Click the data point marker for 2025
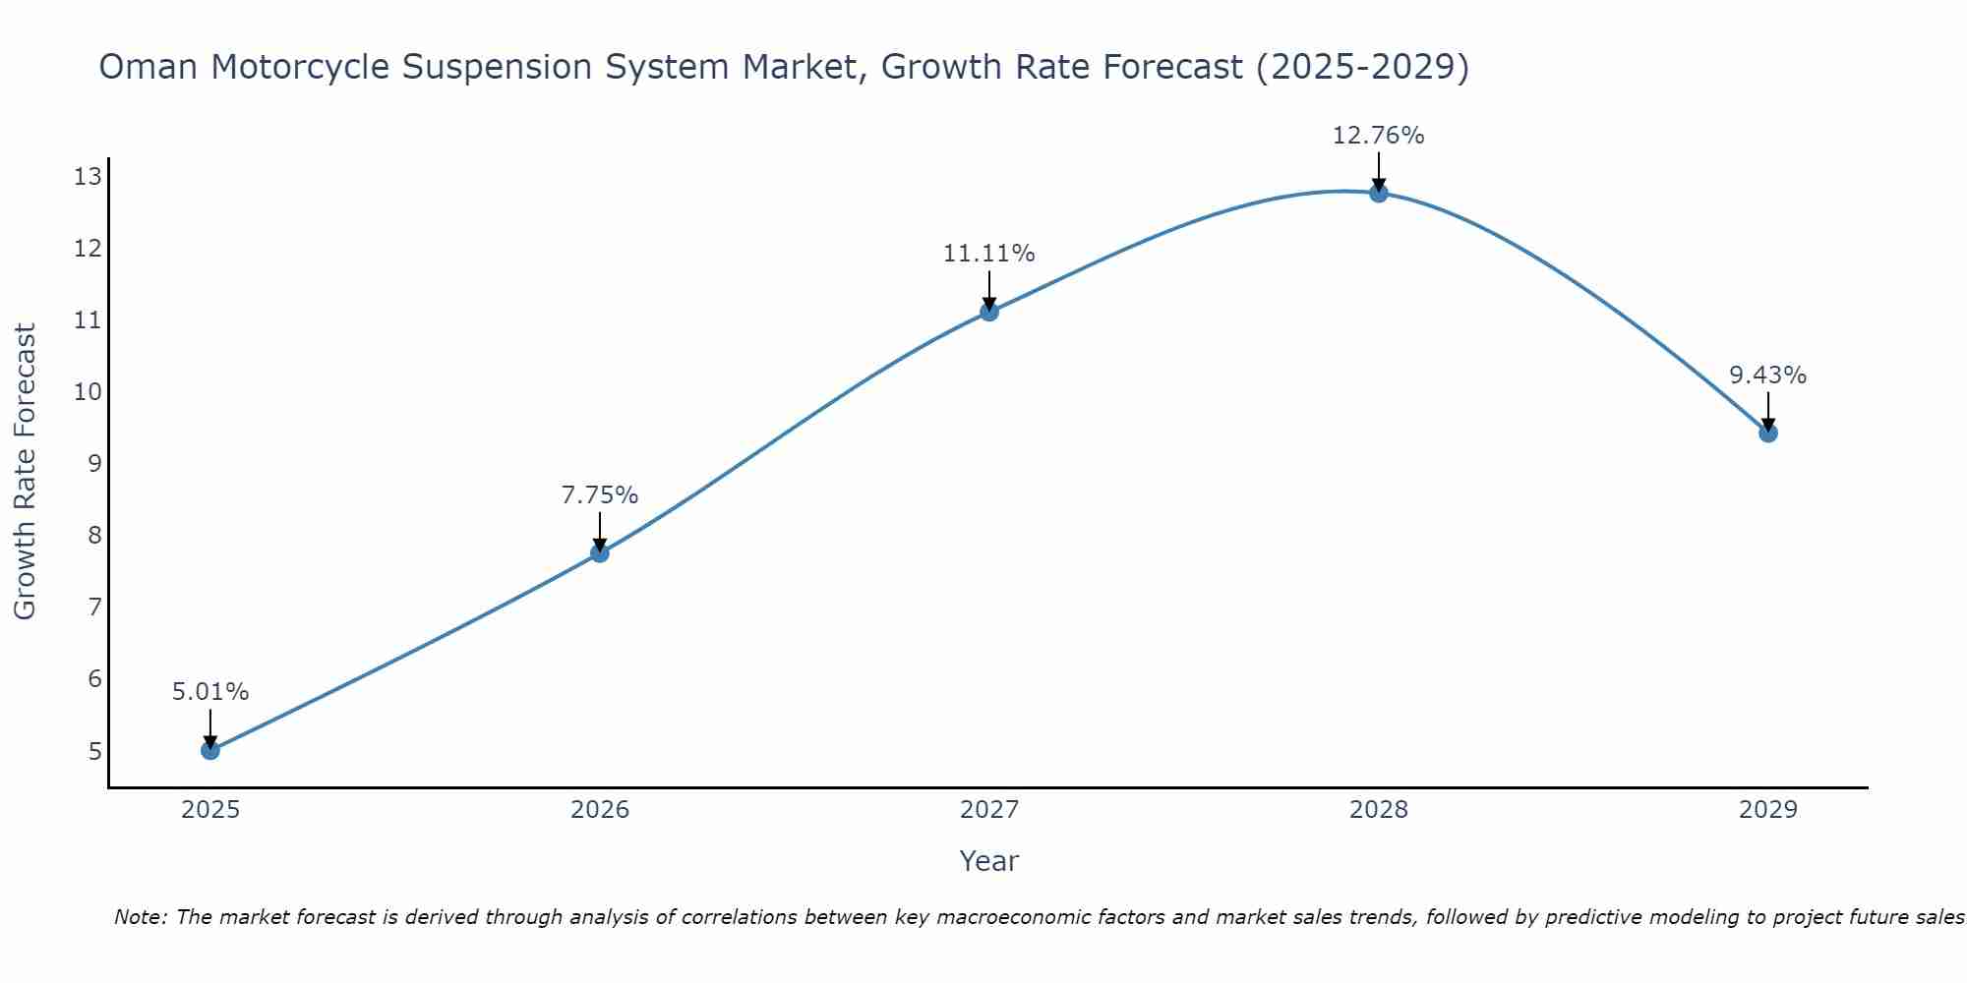coord(210,751)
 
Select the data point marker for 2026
coord(600,553)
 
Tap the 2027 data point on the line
coord(989,312)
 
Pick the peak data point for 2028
coord(1379,193)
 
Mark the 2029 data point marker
coord(1768,433)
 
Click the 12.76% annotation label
coord(1378,136)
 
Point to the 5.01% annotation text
coord(210,692)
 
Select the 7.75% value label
coord(600,495)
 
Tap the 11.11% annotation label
coord(988,254)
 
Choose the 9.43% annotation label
coord(1767,376)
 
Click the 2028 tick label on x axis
coord(1379,810)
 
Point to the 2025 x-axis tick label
coord(210,810)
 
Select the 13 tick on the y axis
coord(88,177)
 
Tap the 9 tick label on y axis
coord(94,464)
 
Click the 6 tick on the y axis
coord(94,679)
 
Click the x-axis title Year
coord(988,861)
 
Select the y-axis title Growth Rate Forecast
coord(26,472)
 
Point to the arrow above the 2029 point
coord(1768,410)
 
